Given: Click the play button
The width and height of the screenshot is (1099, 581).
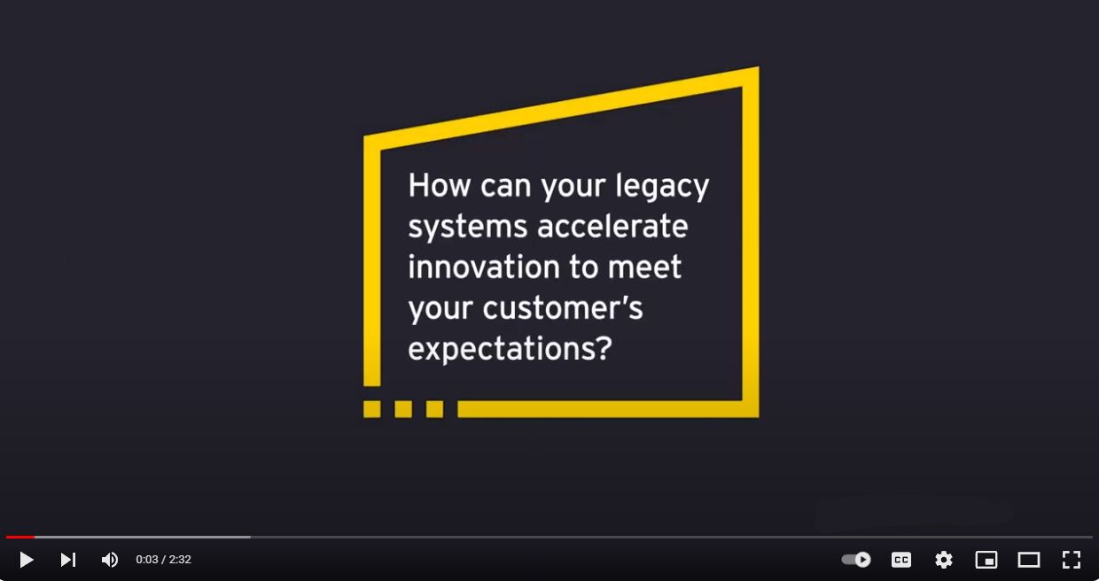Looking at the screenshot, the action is [x=27, y=560].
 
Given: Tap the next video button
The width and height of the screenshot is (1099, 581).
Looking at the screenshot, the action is [x=68, y=560].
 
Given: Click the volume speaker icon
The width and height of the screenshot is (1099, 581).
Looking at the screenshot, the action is [x=109, y=560].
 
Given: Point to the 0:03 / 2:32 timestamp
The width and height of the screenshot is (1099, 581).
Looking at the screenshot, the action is [x=163, y=560].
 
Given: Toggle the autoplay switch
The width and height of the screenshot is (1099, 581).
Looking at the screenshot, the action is [x=856, y=560].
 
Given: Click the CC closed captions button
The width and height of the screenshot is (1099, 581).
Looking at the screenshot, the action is [x=901, y=560].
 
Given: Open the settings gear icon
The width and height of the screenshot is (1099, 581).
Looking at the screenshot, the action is [x=944, y=560].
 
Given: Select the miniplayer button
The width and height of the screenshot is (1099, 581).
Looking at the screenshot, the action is [x=986, y=560].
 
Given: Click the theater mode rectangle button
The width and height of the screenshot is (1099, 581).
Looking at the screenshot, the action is [x=1029, y=560].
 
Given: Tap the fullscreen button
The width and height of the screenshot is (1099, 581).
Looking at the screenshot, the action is [x=1072, y=560].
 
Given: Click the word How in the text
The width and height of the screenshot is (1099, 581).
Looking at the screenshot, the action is [x=439, y=185].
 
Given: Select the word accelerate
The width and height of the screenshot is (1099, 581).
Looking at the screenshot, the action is [x=612, y=226].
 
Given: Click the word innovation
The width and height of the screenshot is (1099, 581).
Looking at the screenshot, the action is [x=484, y=267].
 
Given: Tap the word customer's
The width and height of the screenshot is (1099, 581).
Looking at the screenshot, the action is [x=563, y=308].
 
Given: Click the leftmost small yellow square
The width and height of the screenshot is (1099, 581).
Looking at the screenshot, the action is [x=372, y=409].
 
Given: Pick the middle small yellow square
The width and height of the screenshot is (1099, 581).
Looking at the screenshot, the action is [x=403, y=409].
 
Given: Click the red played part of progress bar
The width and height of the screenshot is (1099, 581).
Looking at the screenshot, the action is [x=20, y=538].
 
